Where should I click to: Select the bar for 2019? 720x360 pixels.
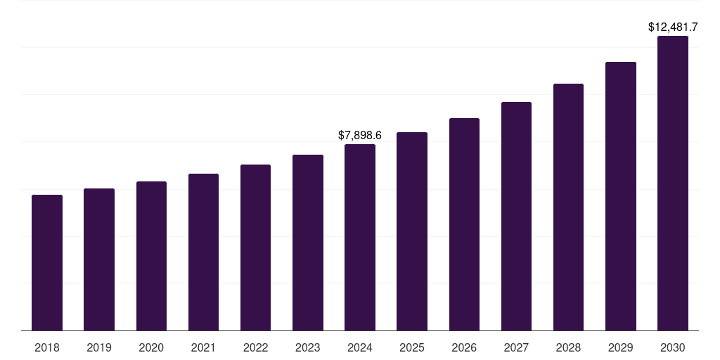(x=99, y=259)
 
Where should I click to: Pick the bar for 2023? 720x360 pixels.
(x=308, y=243)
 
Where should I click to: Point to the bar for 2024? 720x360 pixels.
(x=360, y=237)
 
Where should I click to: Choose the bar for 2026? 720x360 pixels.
(x=464, y=224)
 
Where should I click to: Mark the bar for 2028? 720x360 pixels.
(x=568, y=207)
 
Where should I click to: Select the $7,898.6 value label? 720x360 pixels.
(x=360, y=135)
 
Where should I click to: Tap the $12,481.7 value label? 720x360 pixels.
(x=673, y=27)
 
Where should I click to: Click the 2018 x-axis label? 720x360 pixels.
(x=47, y=347)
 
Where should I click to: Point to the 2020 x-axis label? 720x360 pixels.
(x=151, y=347)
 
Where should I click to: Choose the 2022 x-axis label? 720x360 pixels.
(x=255, y=347)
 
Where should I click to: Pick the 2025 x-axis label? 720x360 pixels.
(x=412, y=347)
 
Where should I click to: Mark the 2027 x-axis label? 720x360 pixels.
(x=516, y=347)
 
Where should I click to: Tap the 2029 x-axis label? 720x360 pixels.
(x=620, y=347)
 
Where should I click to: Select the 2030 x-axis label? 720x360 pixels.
(x=673, y=347)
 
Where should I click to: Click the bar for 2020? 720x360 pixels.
(x=151, y=256)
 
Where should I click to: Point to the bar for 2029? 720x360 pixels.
(x=620, y=196)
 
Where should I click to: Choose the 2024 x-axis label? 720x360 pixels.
(x=360, y=347)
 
